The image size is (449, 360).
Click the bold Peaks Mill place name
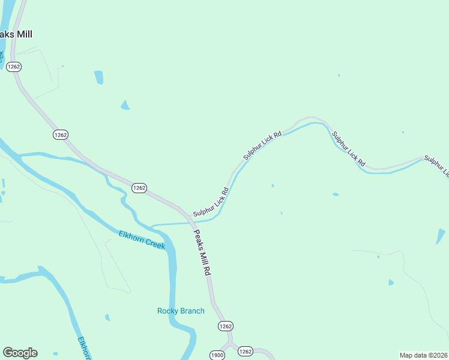tap(16, 34)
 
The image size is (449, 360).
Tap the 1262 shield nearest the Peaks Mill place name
tap(14, 67)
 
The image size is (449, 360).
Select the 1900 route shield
tap(217, 355)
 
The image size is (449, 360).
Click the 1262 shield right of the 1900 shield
tap(246, 351)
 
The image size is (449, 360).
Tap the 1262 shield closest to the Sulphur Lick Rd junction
tap(139, 188)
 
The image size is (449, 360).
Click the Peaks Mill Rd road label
tap(202, 253)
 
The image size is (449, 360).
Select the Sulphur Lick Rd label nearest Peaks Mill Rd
tap(211, 203)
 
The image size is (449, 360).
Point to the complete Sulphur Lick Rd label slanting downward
tap(348, 149)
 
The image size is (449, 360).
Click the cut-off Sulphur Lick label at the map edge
tap(437, 166)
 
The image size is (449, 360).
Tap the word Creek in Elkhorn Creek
tap(154, 243)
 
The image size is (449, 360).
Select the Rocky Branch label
tap(181, 311)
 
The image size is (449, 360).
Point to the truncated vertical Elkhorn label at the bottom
tap(85, 348)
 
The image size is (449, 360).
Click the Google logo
tap(20, 353)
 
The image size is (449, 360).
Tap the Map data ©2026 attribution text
tap(423, 355)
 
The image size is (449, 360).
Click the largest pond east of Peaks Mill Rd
tap(441, 236)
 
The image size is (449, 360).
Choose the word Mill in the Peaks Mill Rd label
tap(202, 254)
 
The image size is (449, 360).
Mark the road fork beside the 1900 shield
tap(229, 344)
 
